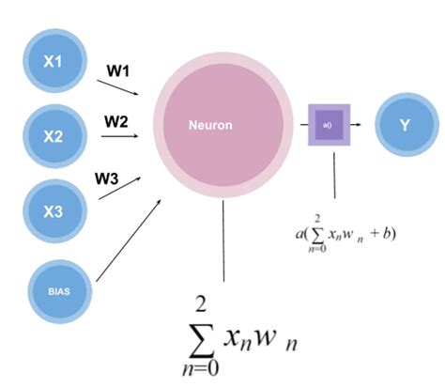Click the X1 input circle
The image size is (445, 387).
coord(54,62)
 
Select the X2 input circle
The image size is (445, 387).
coord(54,136)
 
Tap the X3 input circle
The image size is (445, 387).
coord(54,210)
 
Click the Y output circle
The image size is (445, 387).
coord(406,124)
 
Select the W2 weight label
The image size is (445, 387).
coord(116,121)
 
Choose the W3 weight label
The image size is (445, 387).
coord(106,176)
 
